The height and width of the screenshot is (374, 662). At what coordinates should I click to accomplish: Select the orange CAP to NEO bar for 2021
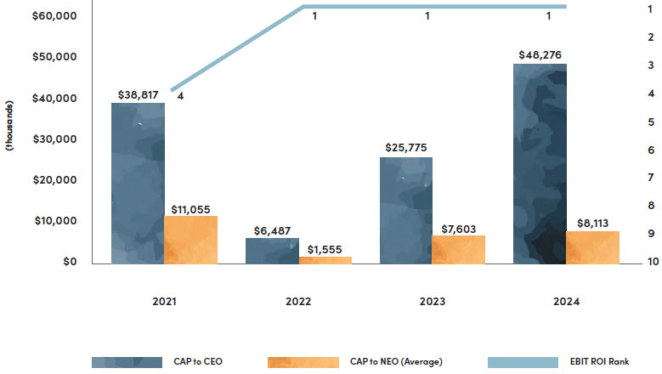pos(190,240)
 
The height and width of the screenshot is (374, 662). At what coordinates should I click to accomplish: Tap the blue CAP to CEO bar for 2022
pos(272,251)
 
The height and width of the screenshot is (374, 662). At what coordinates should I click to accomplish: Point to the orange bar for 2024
pos(592,247)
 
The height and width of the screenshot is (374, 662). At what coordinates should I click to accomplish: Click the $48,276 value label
pos(541,55)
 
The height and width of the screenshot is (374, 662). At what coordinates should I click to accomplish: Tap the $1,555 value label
pos(325,248)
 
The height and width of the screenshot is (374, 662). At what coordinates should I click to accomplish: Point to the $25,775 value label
pos(406,149)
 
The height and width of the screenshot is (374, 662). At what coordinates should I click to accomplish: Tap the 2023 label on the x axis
pos(433,302)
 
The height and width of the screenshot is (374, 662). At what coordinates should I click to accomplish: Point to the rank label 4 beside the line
pos(180,96)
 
